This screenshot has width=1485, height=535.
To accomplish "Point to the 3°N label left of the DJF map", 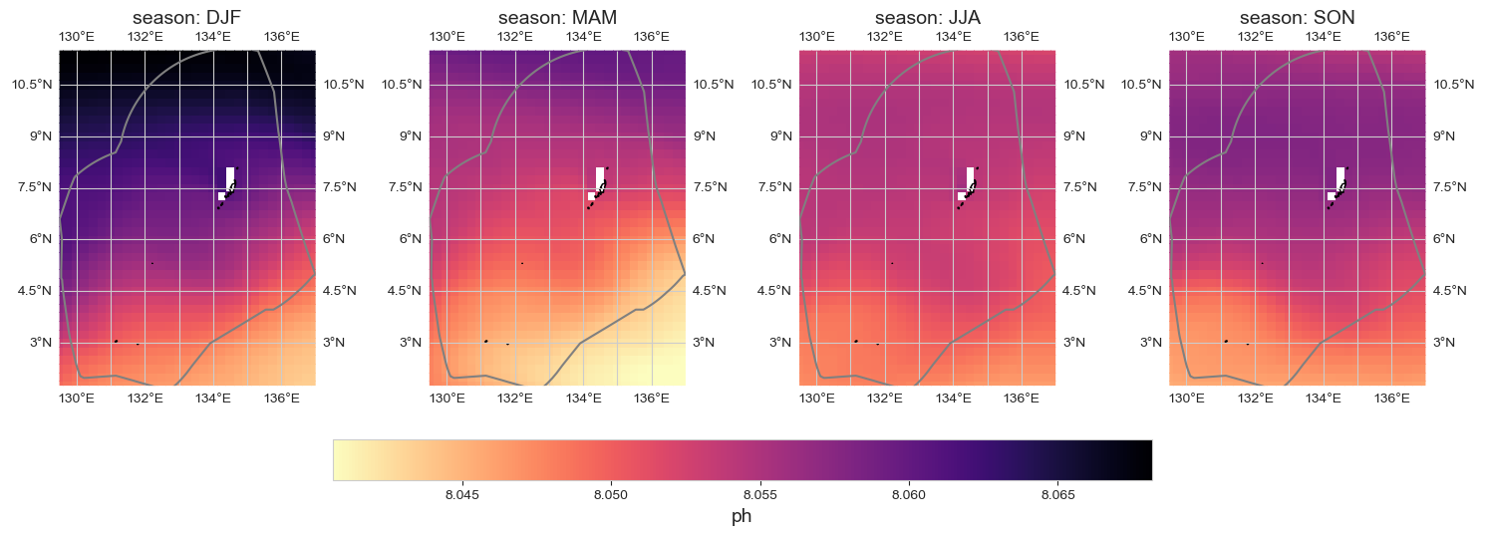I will (x=41, y=342).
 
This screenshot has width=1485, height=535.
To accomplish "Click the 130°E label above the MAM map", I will (x=447, y=37).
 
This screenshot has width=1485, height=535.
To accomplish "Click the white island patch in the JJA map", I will (x=970, y=178).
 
